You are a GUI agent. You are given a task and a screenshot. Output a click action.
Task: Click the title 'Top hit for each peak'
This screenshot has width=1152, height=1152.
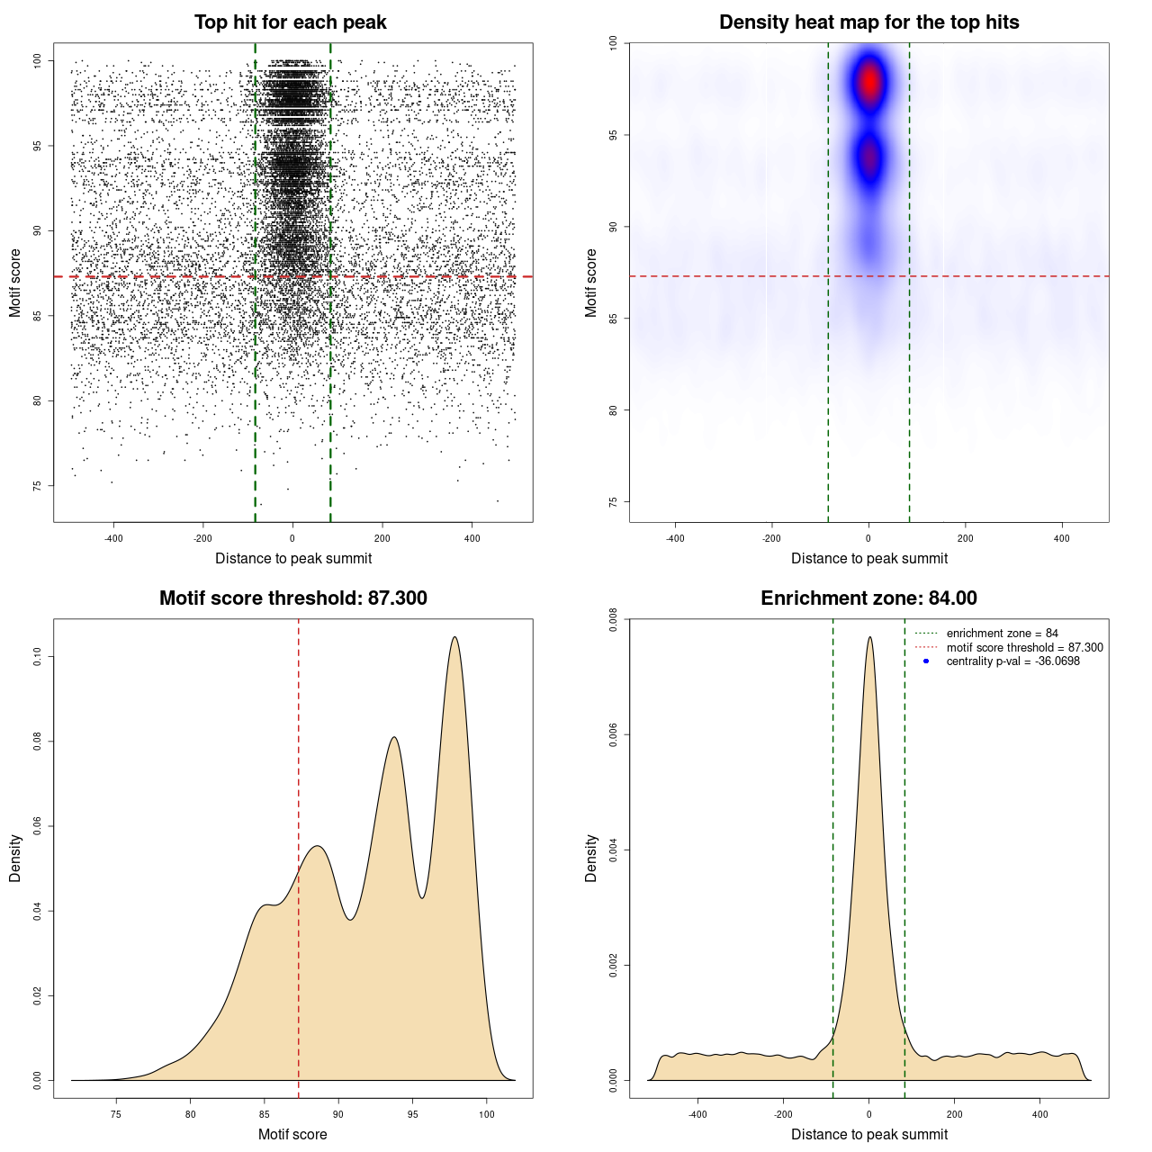pos(290,22)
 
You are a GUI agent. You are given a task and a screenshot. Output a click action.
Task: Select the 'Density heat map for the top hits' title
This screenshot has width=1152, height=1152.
pos(868,22)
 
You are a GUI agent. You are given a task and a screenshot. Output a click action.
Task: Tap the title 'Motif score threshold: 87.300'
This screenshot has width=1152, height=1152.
pos(292,598)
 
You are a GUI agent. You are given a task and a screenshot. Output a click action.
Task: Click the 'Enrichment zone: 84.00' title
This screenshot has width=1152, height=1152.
pos(868,598)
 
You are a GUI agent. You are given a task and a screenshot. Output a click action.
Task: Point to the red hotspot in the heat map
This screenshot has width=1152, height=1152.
pos(869,82)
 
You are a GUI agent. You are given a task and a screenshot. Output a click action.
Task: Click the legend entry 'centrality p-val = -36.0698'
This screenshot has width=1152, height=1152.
pos(1012,661)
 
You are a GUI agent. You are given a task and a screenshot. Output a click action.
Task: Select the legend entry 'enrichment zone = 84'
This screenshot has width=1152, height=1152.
pos(1002,634)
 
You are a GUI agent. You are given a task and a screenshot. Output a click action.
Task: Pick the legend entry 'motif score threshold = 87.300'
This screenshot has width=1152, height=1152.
pos(1024,648)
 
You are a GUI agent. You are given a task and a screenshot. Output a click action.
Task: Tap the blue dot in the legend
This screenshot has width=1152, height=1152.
pos(926,661)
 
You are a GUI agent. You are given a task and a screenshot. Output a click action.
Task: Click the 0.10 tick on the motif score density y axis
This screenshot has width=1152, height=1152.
pos(37,657)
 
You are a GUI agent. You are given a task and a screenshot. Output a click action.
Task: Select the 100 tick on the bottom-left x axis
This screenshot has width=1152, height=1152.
pos(487,1114)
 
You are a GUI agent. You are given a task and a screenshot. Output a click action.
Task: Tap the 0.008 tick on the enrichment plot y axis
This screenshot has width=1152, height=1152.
pos(613,620)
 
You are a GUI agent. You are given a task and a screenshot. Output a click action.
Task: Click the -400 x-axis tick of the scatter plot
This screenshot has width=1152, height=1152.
pos(113,538)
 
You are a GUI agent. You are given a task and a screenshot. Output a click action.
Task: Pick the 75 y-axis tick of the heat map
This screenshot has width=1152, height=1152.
pos(613,502)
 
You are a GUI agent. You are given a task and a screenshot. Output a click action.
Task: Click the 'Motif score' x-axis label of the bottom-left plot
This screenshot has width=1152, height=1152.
pos(292,1134)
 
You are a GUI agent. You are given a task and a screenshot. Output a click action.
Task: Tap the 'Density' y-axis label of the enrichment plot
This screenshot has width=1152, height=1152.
pos(591,858)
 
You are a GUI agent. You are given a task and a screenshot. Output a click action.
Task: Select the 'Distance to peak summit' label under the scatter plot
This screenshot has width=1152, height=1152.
pos(293,558)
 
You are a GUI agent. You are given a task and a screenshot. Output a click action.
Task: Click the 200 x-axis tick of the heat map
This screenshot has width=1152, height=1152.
pos(966,538)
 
